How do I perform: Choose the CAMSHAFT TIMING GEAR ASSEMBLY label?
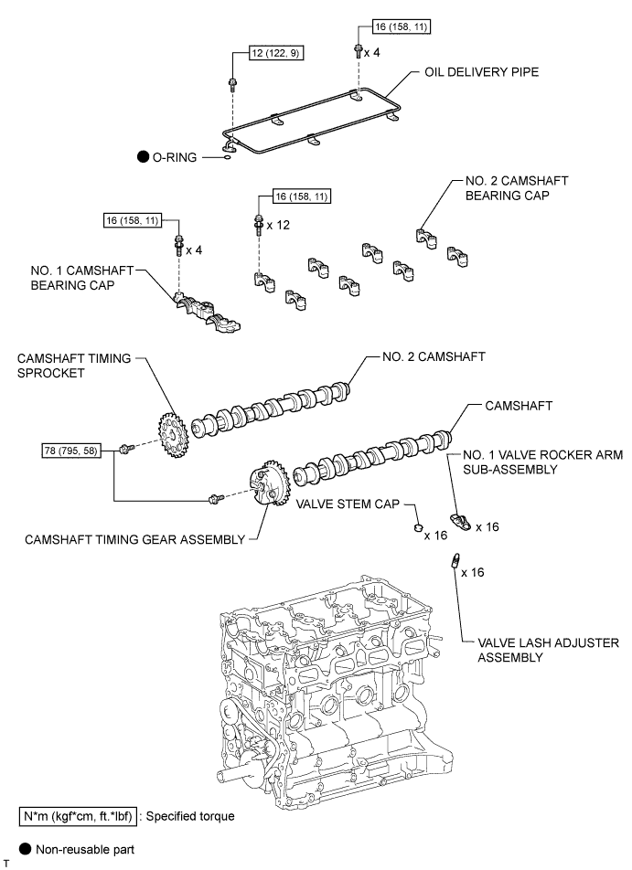tap(135, 539)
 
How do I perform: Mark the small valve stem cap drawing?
tap(413, 528)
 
